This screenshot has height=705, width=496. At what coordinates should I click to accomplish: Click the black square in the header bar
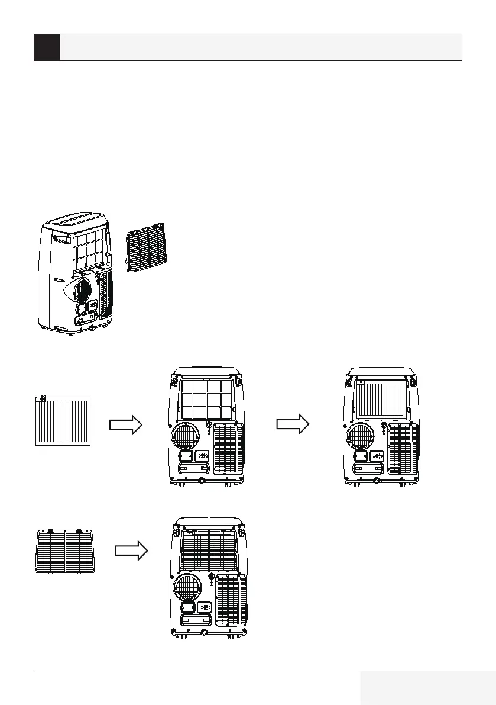click(x=47, y=47)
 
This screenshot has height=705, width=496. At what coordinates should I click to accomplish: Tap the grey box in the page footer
click(x=427, y=688)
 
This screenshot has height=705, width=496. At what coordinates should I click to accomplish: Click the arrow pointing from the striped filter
click(x=127, y=424)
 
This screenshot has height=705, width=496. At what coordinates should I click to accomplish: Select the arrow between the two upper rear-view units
click(x=293, y=424)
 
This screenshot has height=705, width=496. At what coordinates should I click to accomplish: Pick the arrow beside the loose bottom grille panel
click(x=131, y=551)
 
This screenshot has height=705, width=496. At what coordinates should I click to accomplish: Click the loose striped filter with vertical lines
click(x=63, y=421)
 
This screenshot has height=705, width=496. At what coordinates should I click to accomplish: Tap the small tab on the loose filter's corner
click(x=43, y=398)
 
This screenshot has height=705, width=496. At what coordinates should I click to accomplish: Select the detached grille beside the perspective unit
click(x=148, y=250)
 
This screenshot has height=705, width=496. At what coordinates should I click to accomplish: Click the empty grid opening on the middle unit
click(x=206, y=400)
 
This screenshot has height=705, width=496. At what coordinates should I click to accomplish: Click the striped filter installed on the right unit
click(x=382, y=400)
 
